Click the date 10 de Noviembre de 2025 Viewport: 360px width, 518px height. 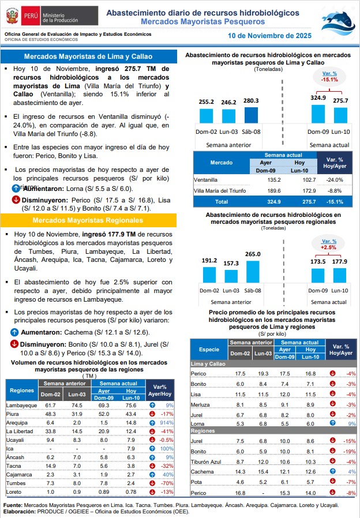269,35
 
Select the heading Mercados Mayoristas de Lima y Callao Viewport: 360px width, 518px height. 88,57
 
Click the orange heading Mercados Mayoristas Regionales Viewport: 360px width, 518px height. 88,221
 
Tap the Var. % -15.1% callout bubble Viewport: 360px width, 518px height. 329,77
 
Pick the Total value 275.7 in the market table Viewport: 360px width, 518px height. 293,202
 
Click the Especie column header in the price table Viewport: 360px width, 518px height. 208,350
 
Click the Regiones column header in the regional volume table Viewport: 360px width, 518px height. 22,391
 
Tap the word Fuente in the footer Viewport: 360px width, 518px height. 13,504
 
